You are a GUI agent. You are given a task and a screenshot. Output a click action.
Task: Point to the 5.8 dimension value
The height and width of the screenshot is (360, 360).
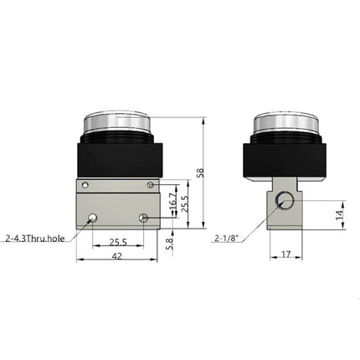[172, 242]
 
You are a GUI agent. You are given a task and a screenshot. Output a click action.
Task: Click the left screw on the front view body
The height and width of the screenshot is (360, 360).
[84, 184]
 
